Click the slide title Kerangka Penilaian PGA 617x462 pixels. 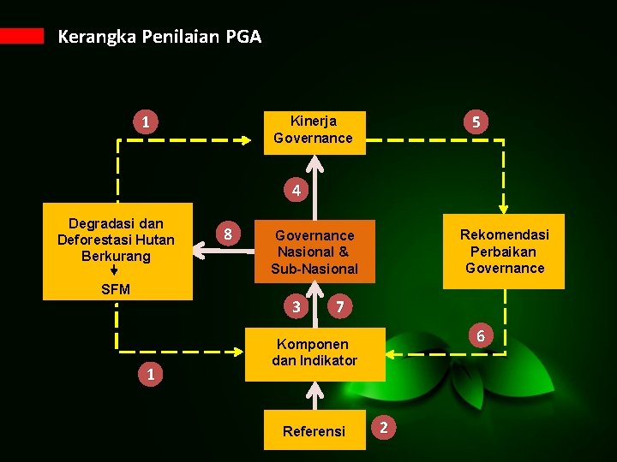pyautogui.click(x=159, y=37)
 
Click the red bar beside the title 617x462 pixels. pyautogui.click(x=21, y=35)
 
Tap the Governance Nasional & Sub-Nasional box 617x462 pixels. pyautogui.click(x=314, y=252)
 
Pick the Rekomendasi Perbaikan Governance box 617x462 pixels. pyautogui.click(x=504, y=251)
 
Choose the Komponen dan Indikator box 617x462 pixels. pyautogui.click(x=314, y=352)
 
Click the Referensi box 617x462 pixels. pyautogui.click(x=314, y=430)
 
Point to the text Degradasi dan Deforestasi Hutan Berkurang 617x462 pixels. pyautogui.click(x=116, y=240)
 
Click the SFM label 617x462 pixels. pyautogui.click(x=116, y=289)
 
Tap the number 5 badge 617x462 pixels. pyautogui.click(x=475, y=123)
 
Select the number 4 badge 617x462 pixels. pyautogui.click(x=296, y=190)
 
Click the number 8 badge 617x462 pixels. pyautogui.click(x=227, y=234)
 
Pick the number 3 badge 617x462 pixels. pyautogui.click(x=296, y=305)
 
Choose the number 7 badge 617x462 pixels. pyautogui.click(x=340, y=305)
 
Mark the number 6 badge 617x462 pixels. pyautogui.click(x=480, y=336)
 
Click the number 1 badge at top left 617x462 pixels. pyautogui.click(x=146, y=123)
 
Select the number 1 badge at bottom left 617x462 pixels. pyautogui.click(x=151, y=373)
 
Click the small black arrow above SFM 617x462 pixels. pyautogui.click(x=115, y=269)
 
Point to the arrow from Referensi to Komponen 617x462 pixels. pyautogui.click(x=314, y=396)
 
